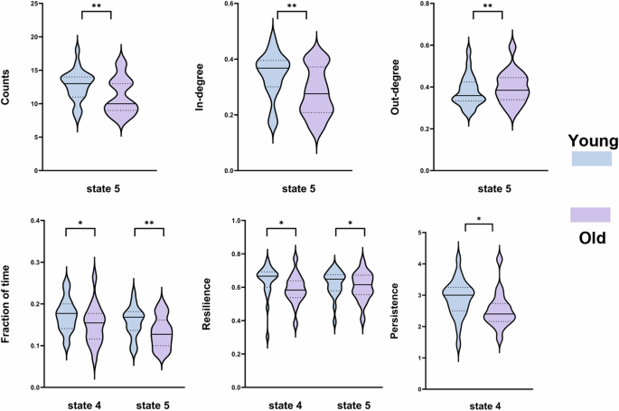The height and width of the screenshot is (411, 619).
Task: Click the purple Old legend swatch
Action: tap(591, 215)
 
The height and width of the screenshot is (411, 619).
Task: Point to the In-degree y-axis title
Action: tap(204, 87)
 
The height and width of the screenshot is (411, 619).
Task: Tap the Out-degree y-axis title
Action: tap(402, 87)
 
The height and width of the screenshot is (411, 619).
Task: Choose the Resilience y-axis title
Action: tap(204, 303)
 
